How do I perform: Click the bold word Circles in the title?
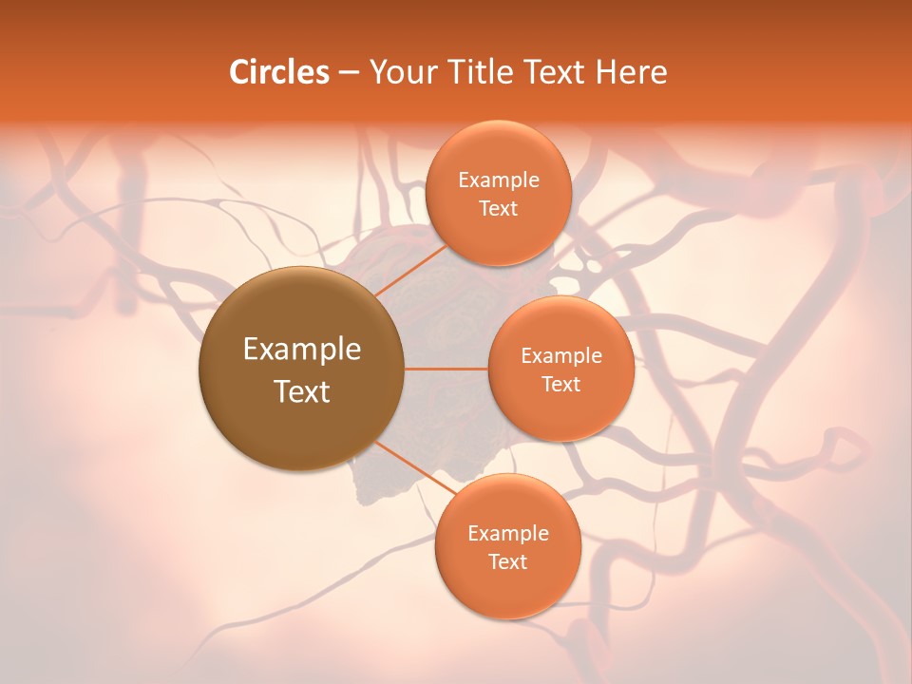coord(279,72)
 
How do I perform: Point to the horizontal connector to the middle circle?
coord(446,369)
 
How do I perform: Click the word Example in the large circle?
coord(302,350)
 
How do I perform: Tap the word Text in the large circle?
coord(302,391)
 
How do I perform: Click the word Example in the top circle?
coord(498,180)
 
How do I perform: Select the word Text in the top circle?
coord(498,209)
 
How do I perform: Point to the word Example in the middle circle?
coord(560,356)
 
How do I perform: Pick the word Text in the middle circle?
coord(560,385)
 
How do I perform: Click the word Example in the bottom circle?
coord(507,534)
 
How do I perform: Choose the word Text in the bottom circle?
coord(507,562)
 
